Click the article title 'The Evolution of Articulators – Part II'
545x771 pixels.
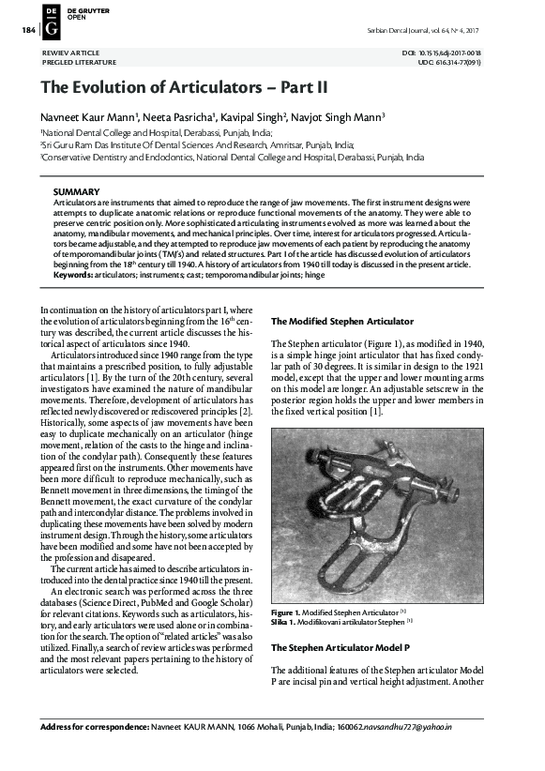[x=184, y=86]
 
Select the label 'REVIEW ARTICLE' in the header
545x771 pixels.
[x=71, y=53]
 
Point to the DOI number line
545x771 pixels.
[x=454, y=53]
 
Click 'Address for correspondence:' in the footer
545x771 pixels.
[x=95, y=753]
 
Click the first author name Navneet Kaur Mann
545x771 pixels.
[x=90, y=117]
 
